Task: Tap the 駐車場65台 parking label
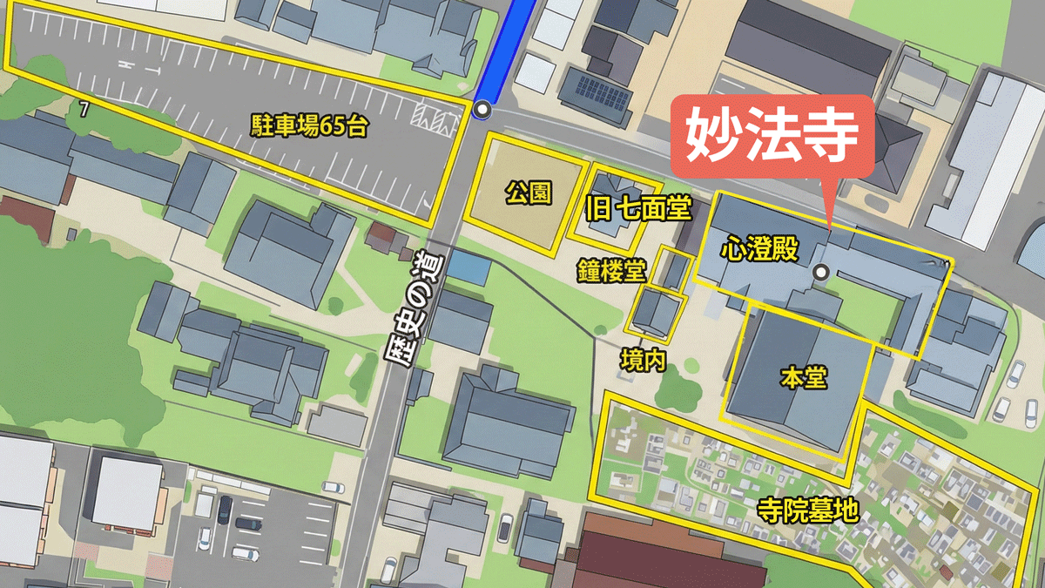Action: coord(309,128)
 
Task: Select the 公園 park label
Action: coord(529,193)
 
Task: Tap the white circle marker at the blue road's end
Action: coord(482,111)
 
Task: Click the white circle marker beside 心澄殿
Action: coord(819,273)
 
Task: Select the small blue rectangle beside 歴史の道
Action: coord(467,267)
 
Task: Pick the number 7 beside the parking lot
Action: coord(84,109)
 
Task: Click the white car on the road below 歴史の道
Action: coord(506,526)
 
